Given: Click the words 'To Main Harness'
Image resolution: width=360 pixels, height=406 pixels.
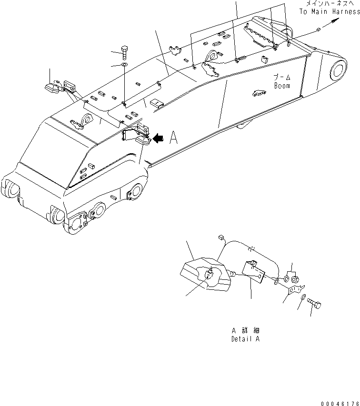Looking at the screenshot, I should pyautogui.click(x=329, y=12).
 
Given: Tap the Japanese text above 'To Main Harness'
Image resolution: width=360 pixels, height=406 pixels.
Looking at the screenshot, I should pyautogui.click(x=329, y=4).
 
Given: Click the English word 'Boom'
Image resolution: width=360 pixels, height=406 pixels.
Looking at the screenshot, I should pyautogui.click(x=282, y=86).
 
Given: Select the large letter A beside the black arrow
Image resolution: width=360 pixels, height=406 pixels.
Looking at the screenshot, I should pyautogui.click(x=173, y=139).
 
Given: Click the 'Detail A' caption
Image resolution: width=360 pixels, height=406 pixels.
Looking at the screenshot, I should pyautogui.click(x=245, y=339).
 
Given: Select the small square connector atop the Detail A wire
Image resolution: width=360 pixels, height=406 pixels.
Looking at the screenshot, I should pyautogui.click(x=220, y=236).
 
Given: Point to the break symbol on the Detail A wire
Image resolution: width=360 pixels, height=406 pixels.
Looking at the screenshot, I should pyautogui.click(x=253, y=248).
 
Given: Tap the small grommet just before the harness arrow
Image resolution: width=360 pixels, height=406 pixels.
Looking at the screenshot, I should pyautogui.click(x=318, y=30).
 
